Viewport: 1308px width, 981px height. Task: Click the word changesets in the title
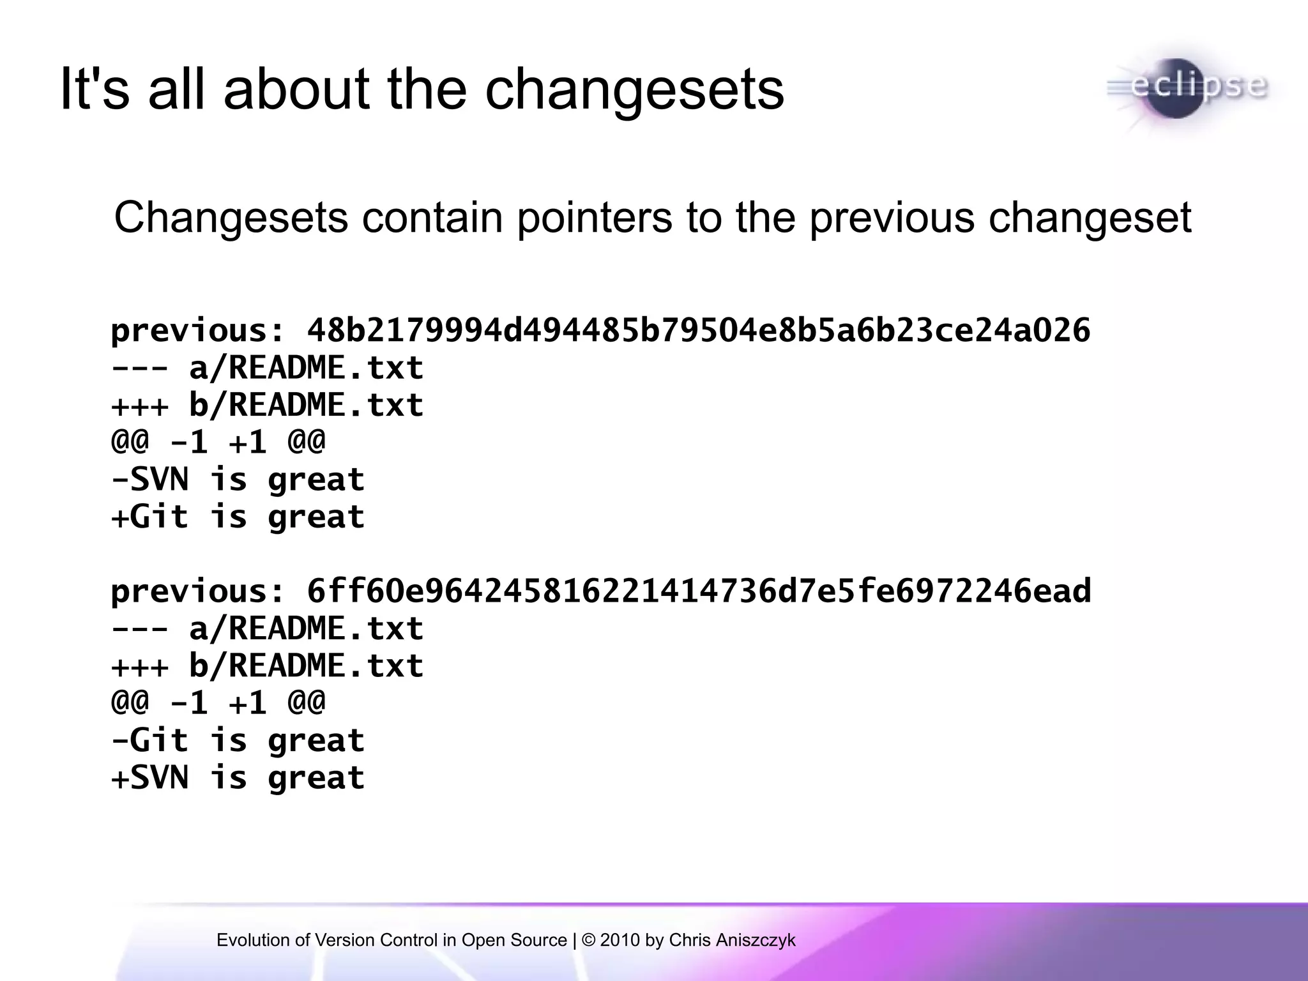(x=634, y=89)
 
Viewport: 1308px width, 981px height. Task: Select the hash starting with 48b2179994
(x=699, y=331)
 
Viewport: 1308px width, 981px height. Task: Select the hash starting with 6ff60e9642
(x=699, y=591)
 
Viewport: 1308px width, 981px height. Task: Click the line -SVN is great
(x=238, y=480)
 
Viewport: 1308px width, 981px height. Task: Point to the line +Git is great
(x=238, y=517)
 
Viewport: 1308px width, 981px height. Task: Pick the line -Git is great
(x=238, y=741)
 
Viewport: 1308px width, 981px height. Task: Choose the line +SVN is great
(x=238, y=778)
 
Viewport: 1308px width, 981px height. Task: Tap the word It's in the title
(x=94, y=89)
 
